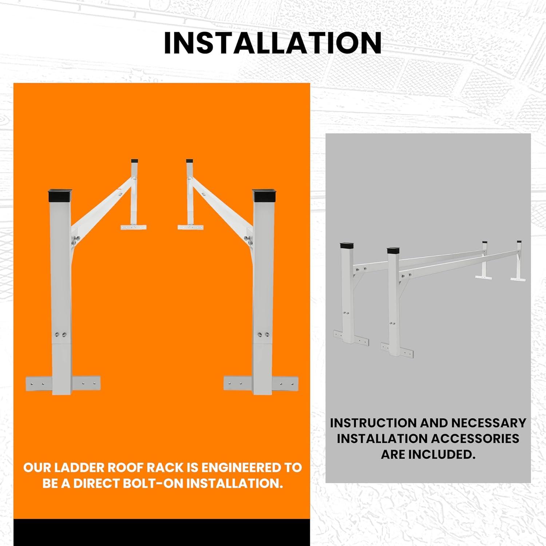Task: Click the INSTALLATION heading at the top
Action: (x=273, y=43)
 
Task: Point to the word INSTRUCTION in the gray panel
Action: (x=373, y=423)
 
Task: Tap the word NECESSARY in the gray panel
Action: (x=489, y=423)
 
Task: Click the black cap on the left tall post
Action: (x=60, y=195)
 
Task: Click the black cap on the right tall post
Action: (x=264, y=195)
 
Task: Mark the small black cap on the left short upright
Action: (x=135, y=161)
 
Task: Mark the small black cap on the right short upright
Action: (x=189, y=161)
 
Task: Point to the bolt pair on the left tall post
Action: (x=61, y=335)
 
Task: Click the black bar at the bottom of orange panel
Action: (x=162, y=533)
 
